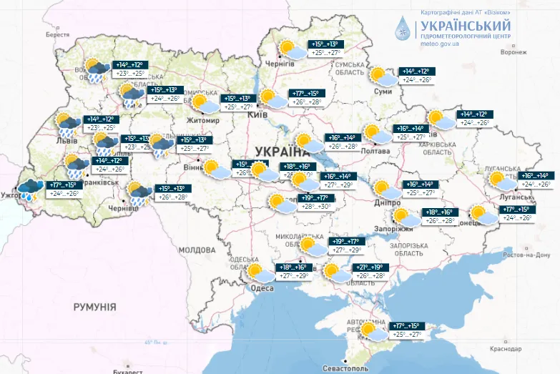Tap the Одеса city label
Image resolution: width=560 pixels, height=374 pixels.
coord(262,288)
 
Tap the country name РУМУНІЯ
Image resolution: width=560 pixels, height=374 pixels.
coord(94,306)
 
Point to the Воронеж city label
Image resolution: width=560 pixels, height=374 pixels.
coord(519,52)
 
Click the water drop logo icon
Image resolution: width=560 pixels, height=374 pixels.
coord(403,29)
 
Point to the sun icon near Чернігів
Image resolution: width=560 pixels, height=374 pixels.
coord(290,49)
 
